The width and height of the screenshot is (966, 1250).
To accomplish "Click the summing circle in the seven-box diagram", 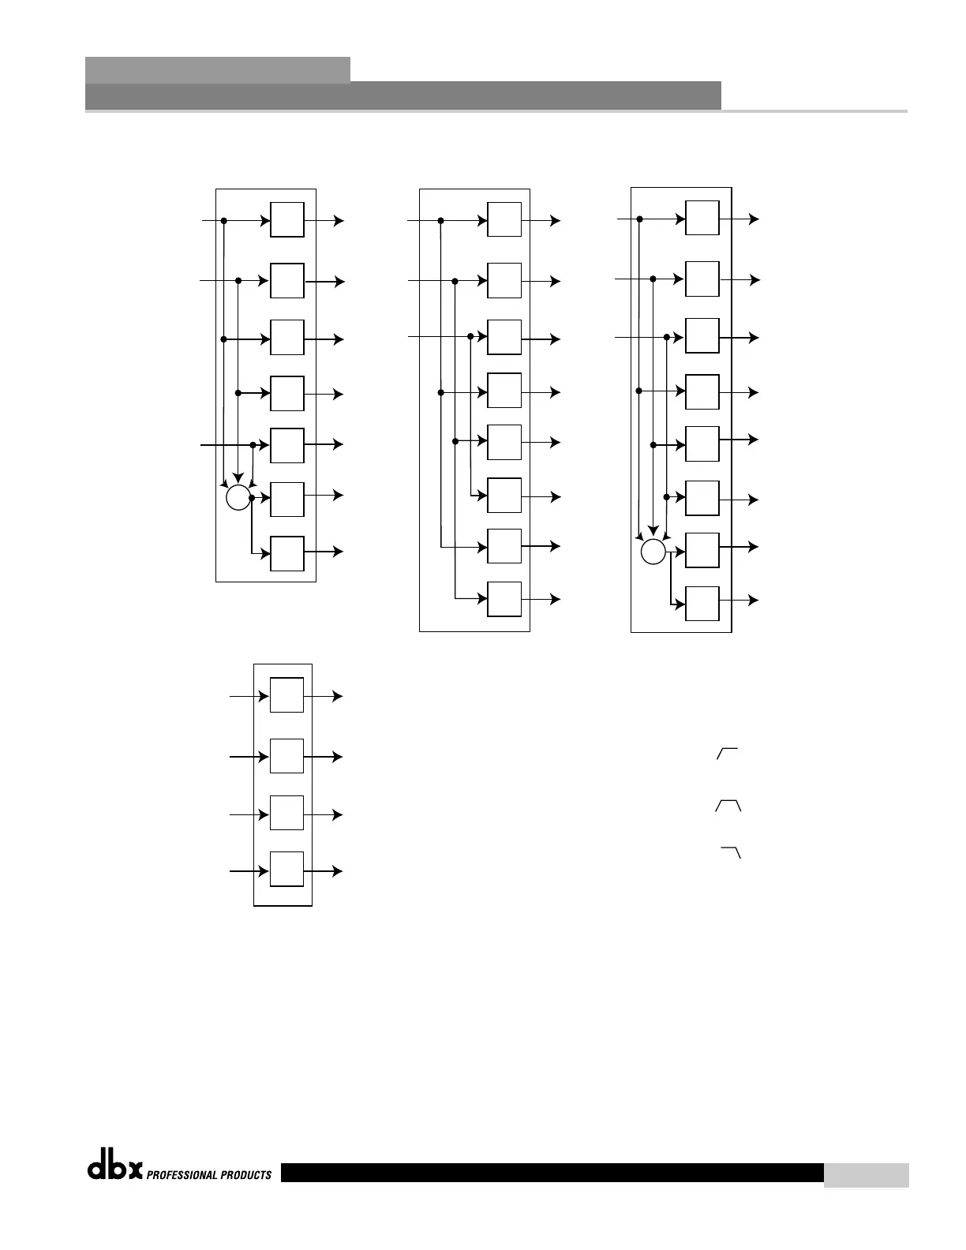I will point(238,498).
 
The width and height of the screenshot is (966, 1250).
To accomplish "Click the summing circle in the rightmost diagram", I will point(653,552).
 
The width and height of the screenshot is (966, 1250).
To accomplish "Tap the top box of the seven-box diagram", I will point(287,219).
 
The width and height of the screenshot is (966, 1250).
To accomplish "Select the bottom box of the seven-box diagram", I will point(287,553).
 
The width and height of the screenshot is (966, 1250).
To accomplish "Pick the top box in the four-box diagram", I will point(286,694).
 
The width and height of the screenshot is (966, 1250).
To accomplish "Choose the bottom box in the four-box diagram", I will point(286,869).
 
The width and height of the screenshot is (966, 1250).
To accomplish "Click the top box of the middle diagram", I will point(504,219).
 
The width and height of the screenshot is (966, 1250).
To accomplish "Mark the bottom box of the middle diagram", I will point(504,599).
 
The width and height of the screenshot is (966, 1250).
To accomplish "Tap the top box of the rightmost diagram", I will point(702,218).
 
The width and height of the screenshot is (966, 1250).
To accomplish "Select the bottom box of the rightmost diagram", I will point(702,604).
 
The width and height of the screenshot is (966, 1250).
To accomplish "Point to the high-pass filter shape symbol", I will point(727,754).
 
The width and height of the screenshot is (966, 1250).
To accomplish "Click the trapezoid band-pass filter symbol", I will point(728,806).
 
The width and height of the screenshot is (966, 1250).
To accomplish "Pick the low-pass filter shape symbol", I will point(731,853).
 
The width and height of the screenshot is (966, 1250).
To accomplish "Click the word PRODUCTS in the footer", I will point(248,1175).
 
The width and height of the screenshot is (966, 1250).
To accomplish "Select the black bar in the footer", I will point(552,1173).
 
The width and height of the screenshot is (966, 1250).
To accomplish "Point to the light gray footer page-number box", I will point(866,1175).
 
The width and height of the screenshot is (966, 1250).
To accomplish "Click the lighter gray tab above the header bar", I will point(217,69).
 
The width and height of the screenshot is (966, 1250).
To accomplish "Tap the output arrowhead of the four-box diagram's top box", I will point(339,696).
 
